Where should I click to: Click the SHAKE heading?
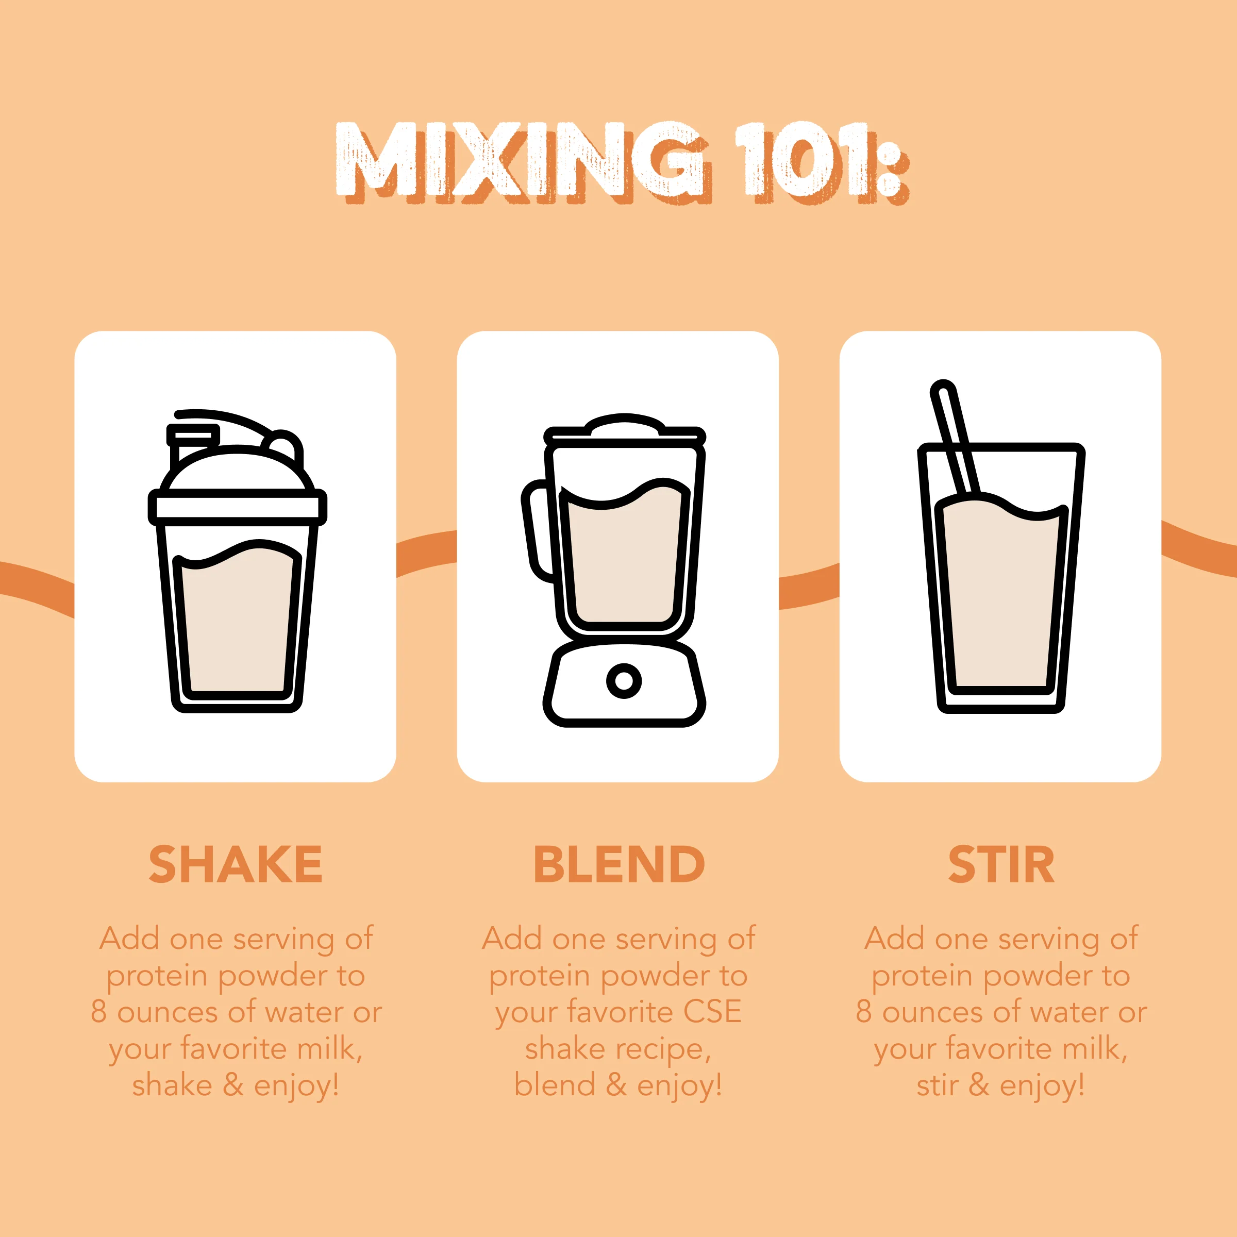(235, 865)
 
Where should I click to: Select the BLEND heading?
(618, 865)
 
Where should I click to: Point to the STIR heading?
(1001, 865)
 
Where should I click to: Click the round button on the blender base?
(624, 680)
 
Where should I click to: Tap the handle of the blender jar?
(537, 531)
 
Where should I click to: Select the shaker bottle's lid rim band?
(237, 508)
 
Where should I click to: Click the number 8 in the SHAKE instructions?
(98, 1012)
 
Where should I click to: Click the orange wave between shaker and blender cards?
(426, 553)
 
